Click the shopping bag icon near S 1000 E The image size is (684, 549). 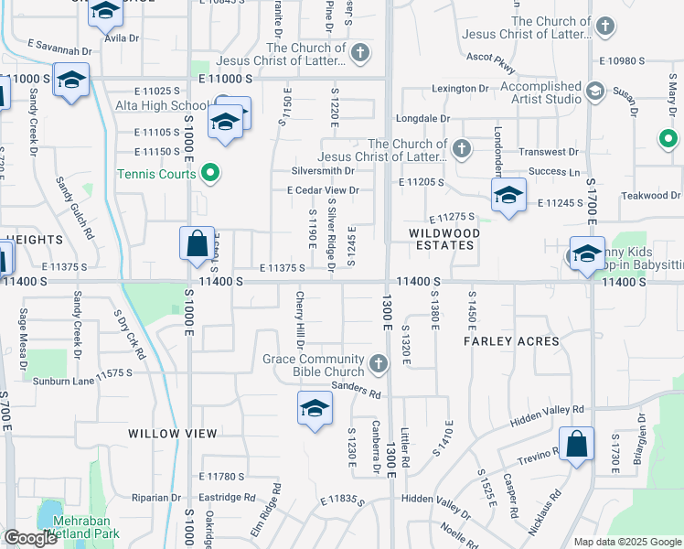coord(197,244)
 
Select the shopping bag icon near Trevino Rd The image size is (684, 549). coord(576,446)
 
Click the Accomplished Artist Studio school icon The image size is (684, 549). coord(595,91)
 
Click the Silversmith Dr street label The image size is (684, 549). coord(323,171)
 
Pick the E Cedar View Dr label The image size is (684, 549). coord(322,190)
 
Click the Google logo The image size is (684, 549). coord(30,538)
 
